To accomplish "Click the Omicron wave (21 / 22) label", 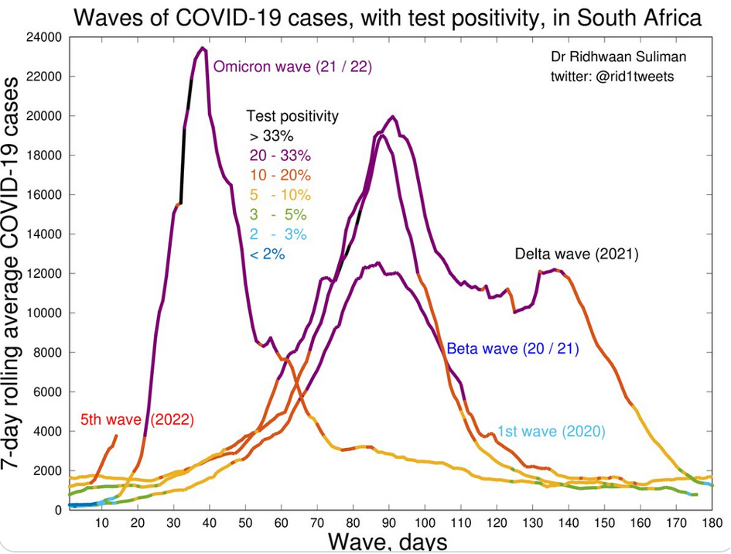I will pos(292,67).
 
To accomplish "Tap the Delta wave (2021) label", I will pos(577,254).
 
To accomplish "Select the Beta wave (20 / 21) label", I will pos(513,348).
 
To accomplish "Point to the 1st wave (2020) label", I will pos(551,432).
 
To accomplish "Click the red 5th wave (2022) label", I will pos(137,420).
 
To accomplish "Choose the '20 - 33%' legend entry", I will pos(280,155).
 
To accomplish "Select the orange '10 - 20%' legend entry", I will pos(280,174).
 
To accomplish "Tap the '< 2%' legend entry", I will pos(267,253).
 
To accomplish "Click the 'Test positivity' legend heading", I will pos(292,116).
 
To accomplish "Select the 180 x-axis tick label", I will pos(712,523).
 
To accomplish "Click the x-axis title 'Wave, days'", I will pos(388,541).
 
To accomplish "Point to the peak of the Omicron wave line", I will pos(203,48).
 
